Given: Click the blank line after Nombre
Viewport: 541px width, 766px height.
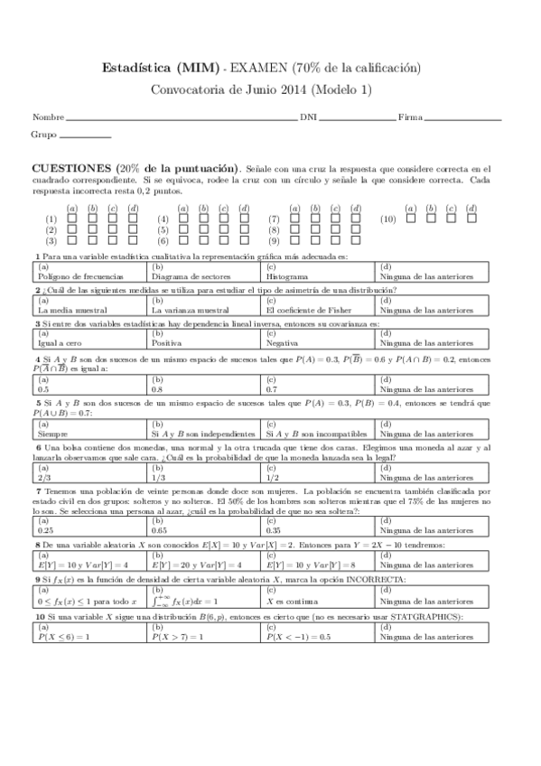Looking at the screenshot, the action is [181, 119].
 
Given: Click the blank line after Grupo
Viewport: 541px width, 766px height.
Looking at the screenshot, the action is [85, 136].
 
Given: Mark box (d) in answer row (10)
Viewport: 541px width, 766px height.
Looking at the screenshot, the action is [471, 219].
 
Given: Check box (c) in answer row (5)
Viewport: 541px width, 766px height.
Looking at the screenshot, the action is [224, 230].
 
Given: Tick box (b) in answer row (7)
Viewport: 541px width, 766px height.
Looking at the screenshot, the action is [315, 219].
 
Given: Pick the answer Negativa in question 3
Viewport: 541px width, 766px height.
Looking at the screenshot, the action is [282, 343].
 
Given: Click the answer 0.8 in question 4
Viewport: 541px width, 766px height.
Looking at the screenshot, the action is [158, 388].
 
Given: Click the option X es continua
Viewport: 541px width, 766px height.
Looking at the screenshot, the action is [289, 601].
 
